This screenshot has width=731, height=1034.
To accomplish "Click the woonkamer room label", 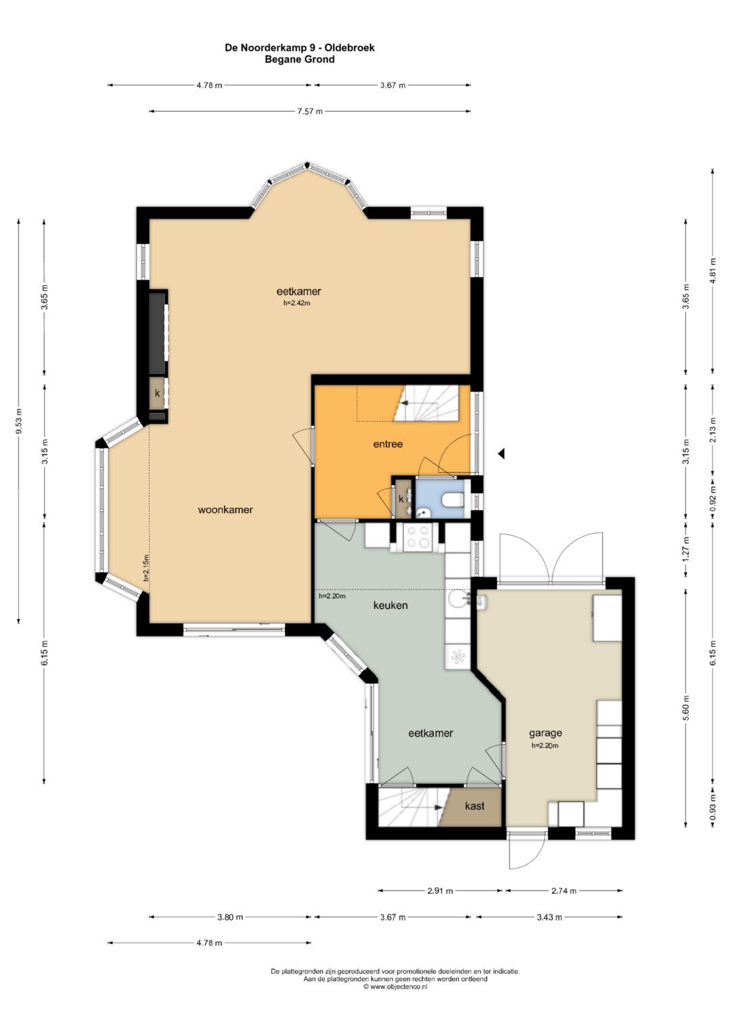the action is click(225, 510).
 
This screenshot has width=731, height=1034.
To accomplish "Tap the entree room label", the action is click(388, 444).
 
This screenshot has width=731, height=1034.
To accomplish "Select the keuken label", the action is click(391, 605).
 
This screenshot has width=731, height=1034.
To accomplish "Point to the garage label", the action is click(546, 733).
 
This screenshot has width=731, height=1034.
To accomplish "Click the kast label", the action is click(475, 806).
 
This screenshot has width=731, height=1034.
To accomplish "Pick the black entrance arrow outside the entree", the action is click(501, 454).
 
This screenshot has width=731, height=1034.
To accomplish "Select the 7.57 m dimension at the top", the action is click(310, 111).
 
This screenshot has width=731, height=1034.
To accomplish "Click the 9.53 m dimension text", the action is click(19, 421).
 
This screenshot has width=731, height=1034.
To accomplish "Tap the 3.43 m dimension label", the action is click(549, 918).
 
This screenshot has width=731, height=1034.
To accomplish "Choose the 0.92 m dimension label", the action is click(713, 499).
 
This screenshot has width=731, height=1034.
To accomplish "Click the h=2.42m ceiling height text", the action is click(296, 303).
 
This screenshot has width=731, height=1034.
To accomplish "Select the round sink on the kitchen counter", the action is click(458, 598).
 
